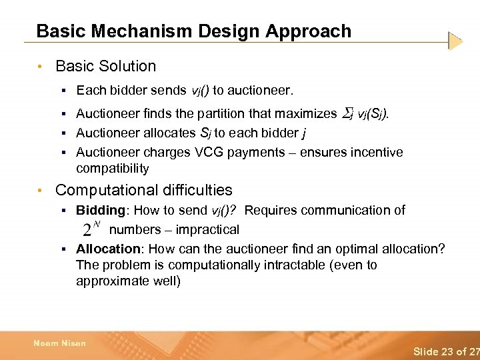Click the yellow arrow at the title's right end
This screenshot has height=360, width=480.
pyautogui.click(x=455, y=41)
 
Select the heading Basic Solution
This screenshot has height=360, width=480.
pyautogui.click(x=106, y=66)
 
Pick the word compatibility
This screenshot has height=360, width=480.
pyautogui.click(x=113, y=169)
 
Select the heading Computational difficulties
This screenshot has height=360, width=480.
pyautogui.click(x=144, y=190)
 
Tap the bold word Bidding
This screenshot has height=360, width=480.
pyautogui.click(x=101, y=210)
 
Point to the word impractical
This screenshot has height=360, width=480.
pyautogui.click(x=206, y=230)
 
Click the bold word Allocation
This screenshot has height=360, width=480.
pyautogui.click(x=107, y=249)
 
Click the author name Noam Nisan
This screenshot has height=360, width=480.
pyautogui.click(x=59, y=343)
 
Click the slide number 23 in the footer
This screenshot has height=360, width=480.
pyautogui.click(x=447, y=351)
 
